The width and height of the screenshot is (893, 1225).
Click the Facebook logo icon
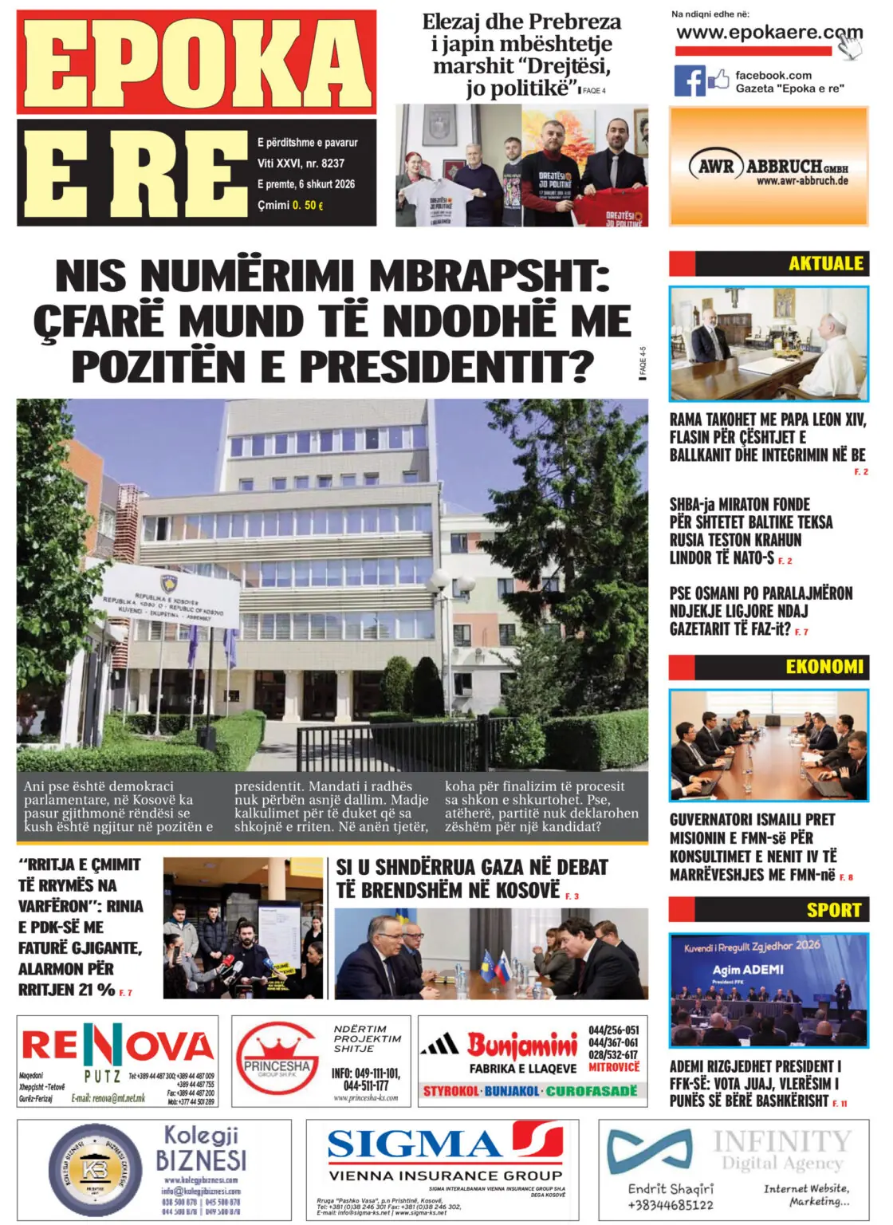coord(690,81)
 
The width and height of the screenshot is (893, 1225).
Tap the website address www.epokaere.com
coord(769,33)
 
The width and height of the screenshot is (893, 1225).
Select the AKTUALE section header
coord(826,264)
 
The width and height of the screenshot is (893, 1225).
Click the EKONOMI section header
coord(824,667)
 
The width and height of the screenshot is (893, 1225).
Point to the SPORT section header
coord(833,910)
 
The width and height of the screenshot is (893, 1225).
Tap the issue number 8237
coord(332,163)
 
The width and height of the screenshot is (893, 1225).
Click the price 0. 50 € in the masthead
coord(308,205)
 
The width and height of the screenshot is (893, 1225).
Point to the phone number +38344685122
coord(671,1204)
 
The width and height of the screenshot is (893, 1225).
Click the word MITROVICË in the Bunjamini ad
coord(614,1067)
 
